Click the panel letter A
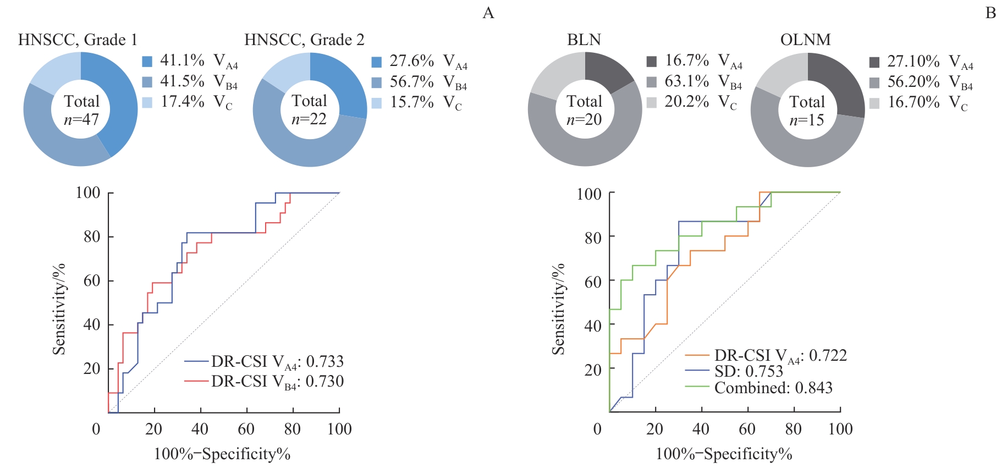click(x=488, y=13)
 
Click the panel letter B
click(x=991, y=13)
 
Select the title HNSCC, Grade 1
click(x=78, y=40)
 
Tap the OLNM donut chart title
click(x=805, y=40)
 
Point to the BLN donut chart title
click(x=584, y=40)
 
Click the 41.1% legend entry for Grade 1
click(x=190, y=61)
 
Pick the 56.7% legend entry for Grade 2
click(x=419, y=82)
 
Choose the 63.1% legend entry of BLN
click(x=694, y=82)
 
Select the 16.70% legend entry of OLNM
click(x=918, y=103)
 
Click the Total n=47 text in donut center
click(x=81, y=110)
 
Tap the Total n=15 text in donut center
click(x=807, y=111)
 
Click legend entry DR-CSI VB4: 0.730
click(x=264, y=381)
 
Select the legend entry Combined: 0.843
click(x=759, y=388)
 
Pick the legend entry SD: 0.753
click(x=735, y=371)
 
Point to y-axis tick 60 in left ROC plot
click(x=91, y=280)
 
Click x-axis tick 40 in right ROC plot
click(x=701, y=429)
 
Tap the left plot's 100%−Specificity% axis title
click(x=222, y=454)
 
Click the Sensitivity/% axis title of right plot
click(x=559, y=309)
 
